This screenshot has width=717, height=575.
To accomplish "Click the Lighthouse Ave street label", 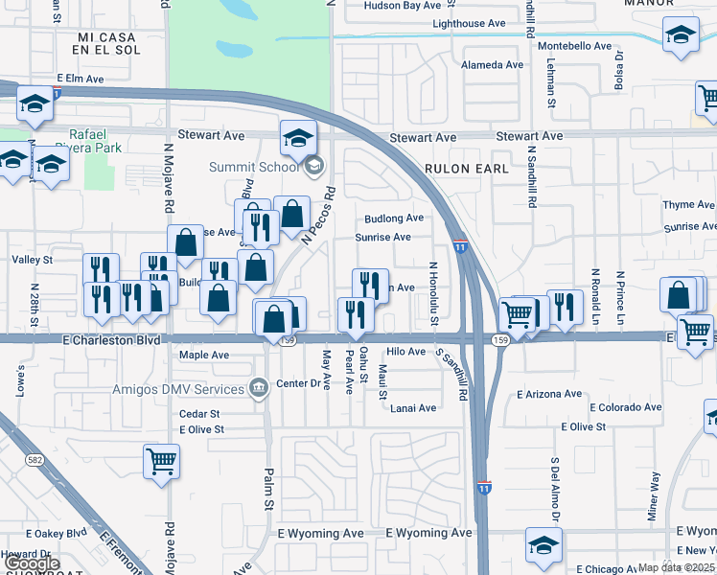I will [x=469, y=23].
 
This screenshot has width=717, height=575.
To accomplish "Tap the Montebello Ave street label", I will [x=575, y=46].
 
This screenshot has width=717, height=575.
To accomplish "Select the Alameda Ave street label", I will [x=493, y=65].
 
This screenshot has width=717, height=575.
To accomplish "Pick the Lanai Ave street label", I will [x=413, y=408].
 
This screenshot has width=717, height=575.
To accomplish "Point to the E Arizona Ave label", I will [x=549, y=394].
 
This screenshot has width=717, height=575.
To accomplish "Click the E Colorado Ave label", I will [x=626, y=407].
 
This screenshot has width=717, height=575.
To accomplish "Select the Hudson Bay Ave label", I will [x=402, y=6].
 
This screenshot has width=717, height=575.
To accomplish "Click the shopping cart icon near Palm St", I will [x=162, y=461].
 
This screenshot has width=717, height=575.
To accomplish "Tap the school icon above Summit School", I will [x=298, y=138].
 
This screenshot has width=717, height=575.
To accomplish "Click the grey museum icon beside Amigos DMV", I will [x=258, y=388].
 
